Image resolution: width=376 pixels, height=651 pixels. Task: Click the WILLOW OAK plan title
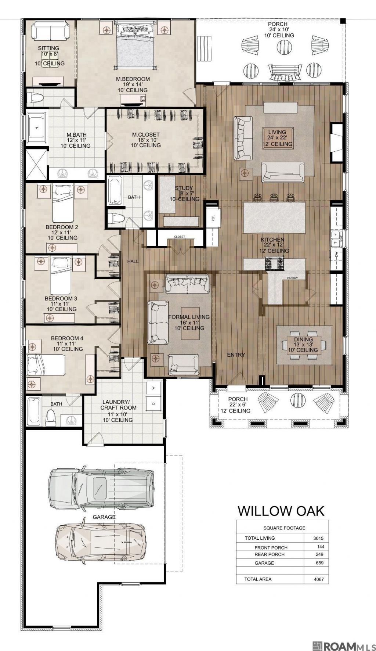[281, 511]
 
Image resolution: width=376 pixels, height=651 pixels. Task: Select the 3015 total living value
[319, 538]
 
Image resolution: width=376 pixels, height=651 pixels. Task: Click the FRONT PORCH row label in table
[271, 547]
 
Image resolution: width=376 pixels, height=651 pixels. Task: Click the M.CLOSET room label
[146, 135]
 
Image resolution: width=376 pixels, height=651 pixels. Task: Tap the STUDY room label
[184, 188]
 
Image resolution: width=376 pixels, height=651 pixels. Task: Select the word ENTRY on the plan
[236, 355]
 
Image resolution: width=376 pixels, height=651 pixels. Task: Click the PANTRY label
[293, 278]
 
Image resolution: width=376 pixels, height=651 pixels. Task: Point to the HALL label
[133, 261]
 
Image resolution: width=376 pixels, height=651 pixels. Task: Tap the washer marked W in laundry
[154, 388]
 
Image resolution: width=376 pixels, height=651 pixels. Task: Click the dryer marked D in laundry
[154, 403]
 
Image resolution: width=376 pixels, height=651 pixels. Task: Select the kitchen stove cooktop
[274, 263]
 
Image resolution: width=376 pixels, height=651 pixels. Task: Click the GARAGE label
[104, 517]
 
